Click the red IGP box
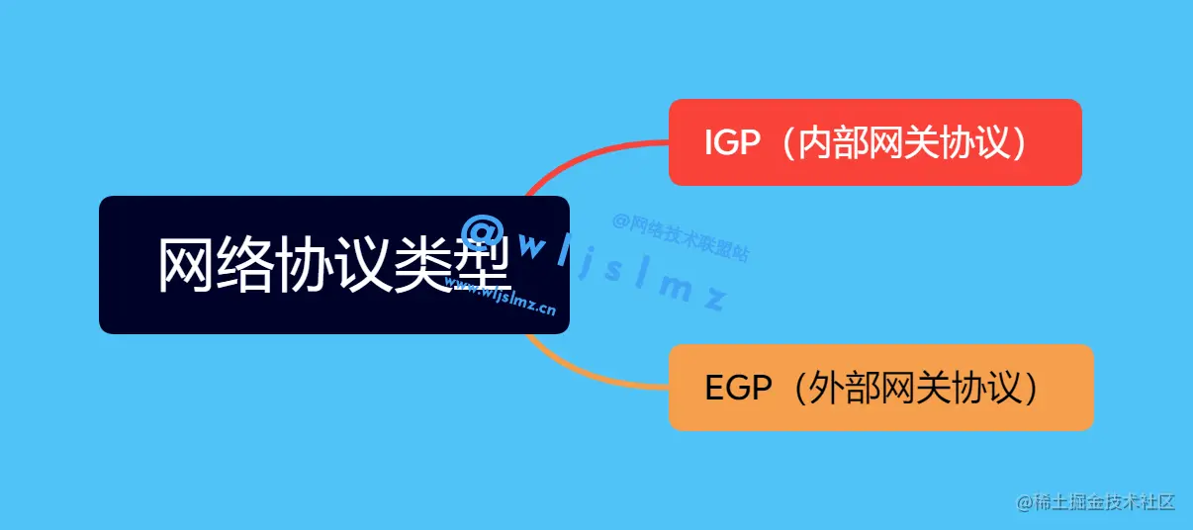(x=874, y=142)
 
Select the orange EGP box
(x=880, y=388)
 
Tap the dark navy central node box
(x=333, y=265)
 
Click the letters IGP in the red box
(x=732, y=143)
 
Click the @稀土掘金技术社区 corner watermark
(x=1095, y=502)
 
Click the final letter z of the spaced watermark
(x=714, y=298)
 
